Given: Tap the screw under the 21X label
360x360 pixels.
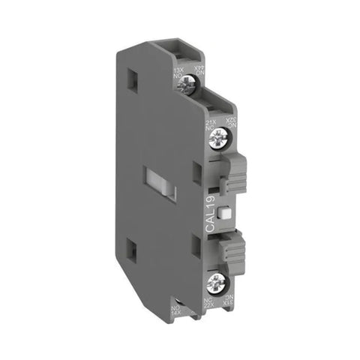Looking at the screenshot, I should pos(219,136).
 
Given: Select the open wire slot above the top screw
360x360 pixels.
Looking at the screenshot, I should pos(180,50).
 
